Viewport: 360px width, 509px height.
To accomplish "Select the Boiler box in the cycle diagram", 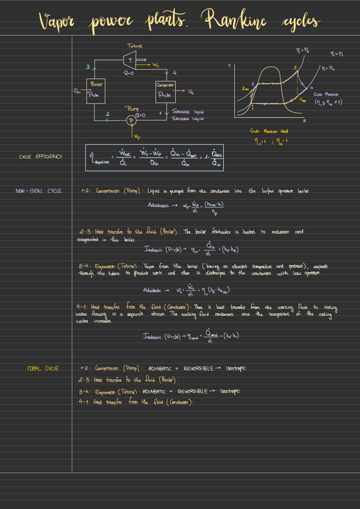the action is pyautogui.click(x=94, y=90).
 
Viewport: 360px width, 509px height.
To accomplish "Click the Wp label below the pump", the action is pyautogui.click(x=138, y=136).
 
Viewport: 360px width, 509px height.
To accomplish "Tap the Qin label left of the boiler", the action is pyautogui.click(x=76, y=91).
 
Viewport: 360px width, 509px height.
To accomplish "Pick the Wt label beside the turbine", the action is pyautogui.click(x=155, y=65).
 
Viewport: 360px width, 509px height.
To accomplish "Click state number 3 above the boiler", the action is pyautogui.click(x=88, y=67).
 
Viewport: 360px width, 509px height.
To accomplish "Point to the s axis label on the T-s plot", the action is pyautogui.click(x=304, y=121).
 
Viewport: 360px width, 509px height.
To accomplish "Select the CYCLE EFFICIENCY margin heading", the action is pyautogui.click(x=41, y=157).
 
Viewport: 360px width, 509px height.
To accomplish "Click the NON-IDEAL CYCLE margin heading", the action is pyautogui.click(x=38, y=191).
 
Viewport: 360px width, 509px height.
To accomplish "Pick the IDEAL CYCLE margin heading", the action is pyautogui.click(x=43, y=368).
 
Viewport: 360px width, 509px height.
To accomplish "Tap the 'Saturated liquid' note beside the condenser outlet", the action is pyautogui.click(x=188, y=112).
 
